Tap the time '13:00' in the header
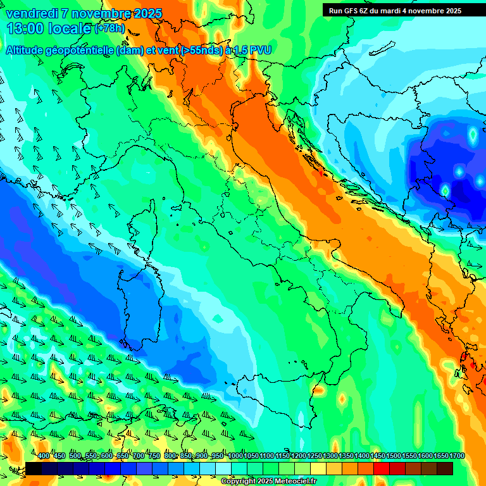[25, 28]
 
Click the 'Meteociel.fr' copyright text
[292, 482]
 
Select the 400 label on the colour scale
[44, 456]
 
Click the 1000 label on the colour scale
[235, 456]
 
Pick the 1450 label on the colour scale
[378, 456]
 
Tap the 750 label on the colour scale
[154, 456]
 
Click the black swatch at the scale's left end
[34, 468]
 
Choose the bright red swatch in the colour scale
[382, 468]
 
